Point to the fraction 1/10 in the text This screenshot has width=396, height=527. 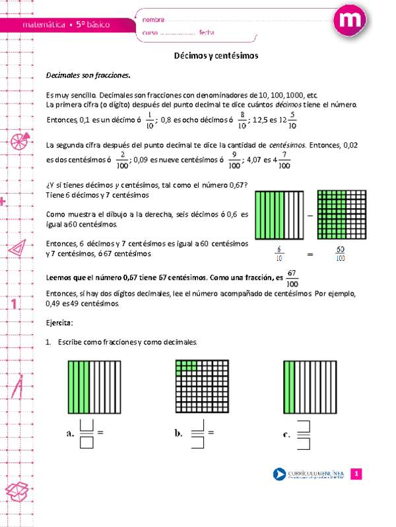pos(150,120)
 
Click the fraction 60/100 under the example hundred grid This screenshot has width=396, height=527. pos(340,252)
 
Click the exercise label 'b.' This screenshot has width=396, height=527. pos(178,433)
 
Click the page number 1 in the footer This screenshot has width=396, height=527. pos(356,474)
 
